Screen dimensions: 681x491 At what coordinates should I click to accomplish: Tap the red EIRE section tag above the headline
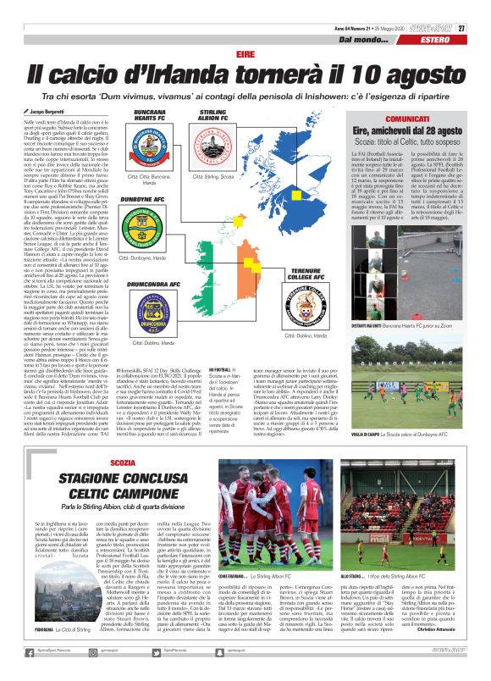pyautogui.click(x=245, y=53)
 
